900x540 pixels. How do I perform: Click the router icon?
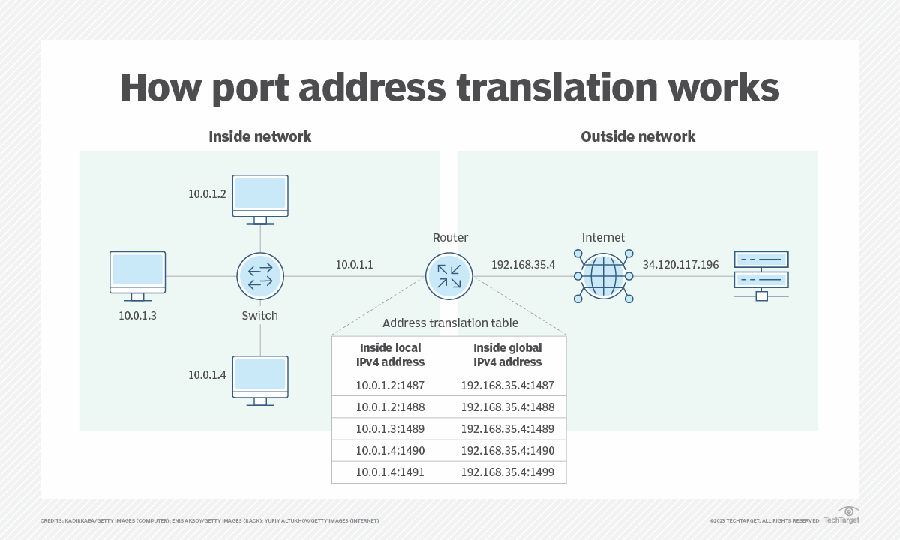[x=448, y=275]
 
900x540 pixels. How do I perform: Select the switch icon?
[x=260, y=275]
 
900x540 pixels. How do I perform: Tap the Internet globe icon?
[x=603, y=275]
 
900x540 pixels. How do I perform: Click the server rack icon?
[x=761, y=274]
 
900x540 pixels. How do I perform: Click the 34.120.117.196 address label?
[x=680, y=264]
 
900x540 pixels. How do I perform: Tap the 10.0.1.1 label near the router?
[x=354, y=264]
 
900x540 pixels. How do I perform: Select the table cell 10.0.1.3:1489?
[x=390, y=429]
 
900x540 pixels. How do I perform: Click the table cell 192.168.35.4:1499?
[x=507, y=472]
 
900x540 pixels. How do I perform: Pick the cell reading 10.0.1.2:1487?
[x=390, y=385]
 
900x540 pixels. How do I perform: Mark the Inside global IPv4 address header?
[x=507, y=355]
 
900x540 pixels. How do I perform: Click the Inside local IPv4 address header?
[x=390, y=355]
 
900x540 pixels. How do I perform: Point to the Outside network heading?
[x=637, y=136]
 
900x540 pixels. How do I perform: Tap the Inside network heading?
[x=259, y=136]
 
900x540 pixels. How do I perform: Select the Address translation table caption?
[x=450, y=323]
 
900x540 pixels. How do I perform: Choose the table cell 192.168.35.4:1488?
[x=507, y=407]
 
